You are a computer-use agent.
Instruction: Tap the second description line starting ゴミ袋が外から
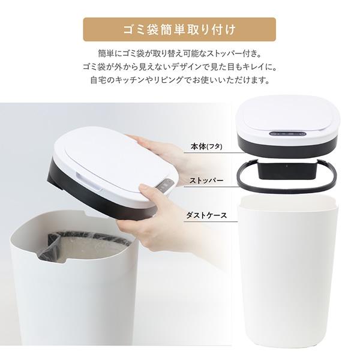(179, 66)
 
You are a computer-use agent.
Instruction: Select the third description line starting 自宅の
(179, 79)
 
